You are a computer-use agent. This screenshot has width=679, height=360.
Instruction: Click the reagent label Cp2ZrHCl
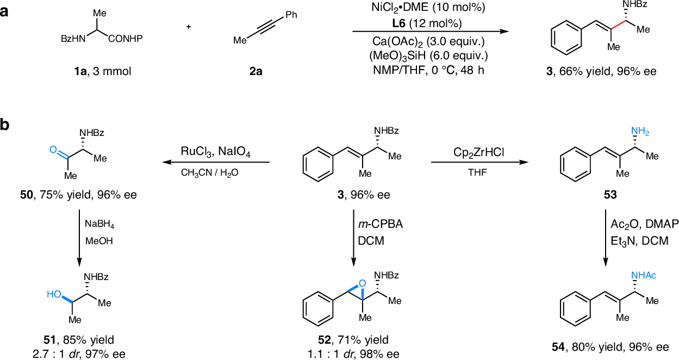tap(475, 152)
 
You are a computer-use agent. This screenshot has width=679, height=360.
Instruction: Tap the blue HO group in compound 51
tap(53, 294)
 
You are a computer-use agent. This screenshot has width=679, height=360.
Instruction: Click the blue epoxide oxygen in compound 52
tap(363, 283)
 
